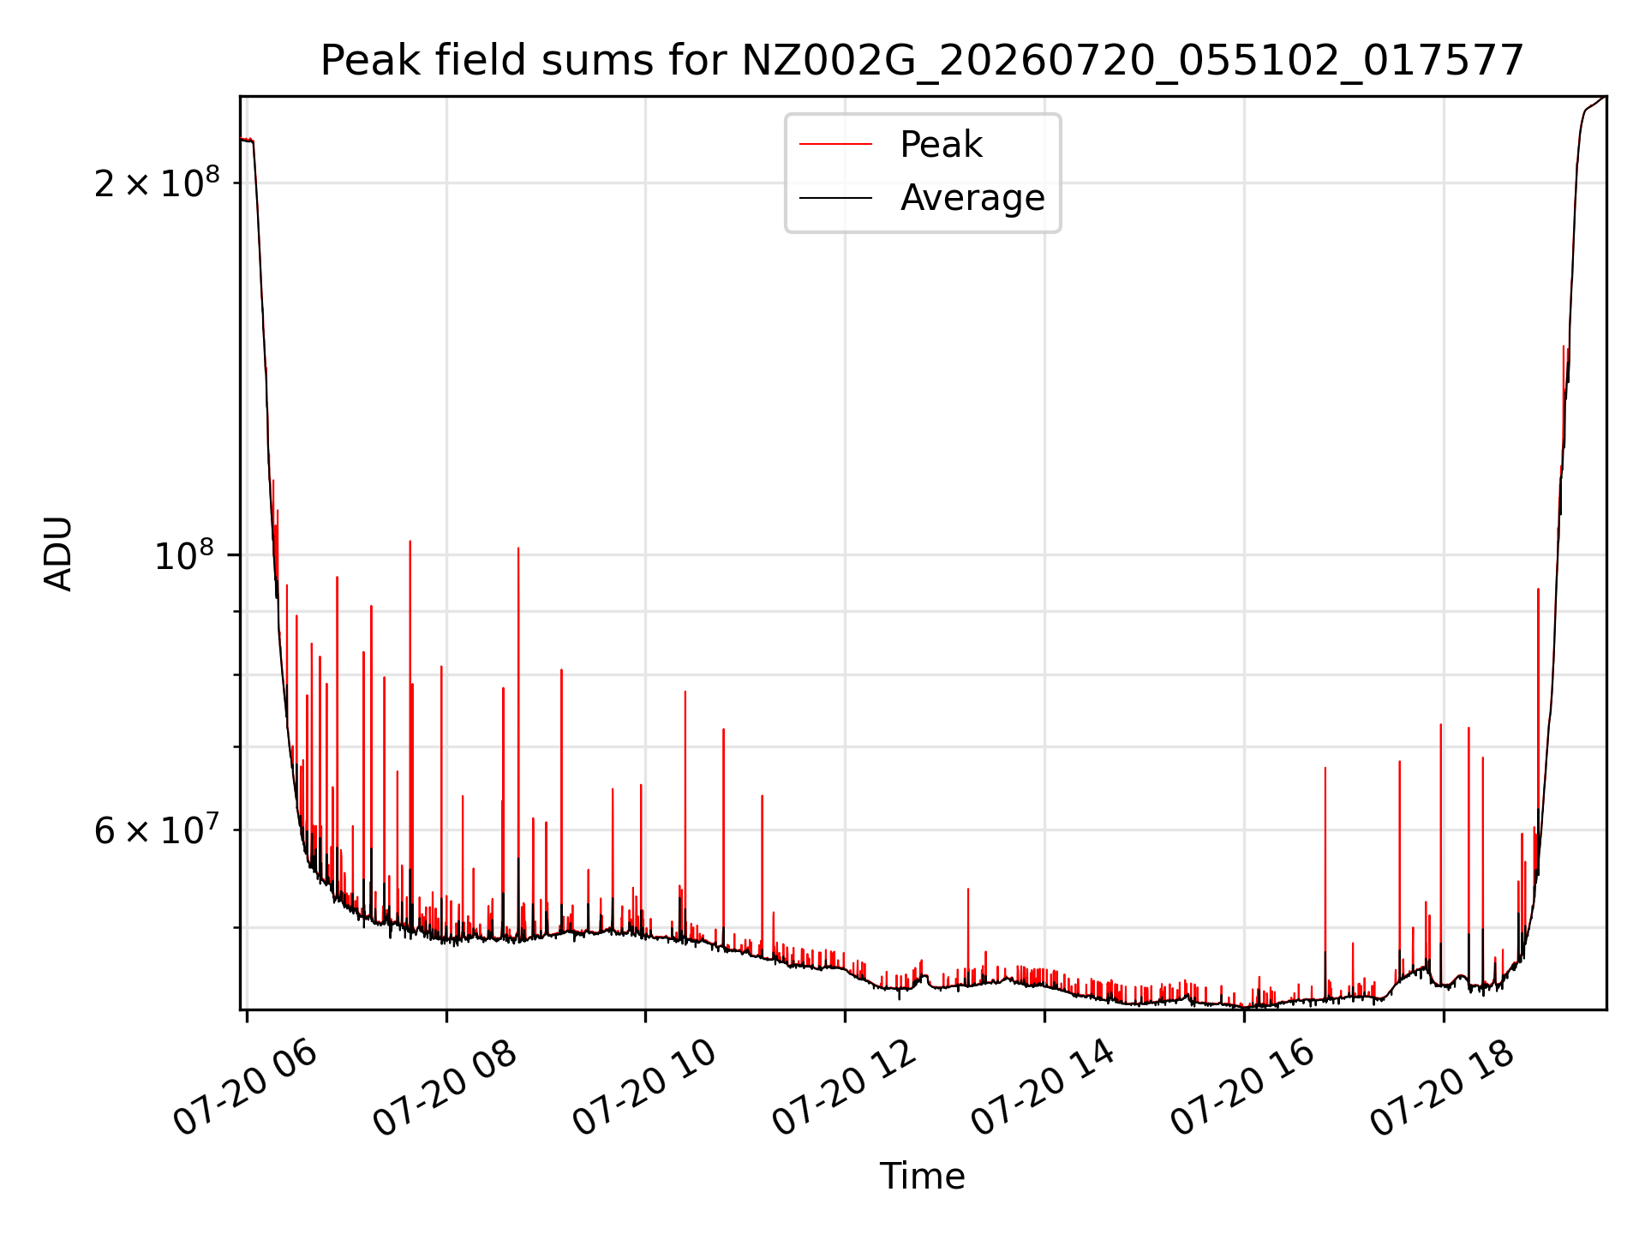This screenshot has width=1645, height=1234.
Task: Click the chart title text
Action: tap(922, 61)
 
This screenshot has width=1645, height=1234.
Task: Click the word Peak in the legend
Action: tap(941, 145)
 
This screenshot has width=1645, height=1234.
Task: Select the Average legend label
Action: tap(972, 198)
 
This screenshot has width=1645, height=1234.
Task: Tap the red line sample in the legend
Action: tap(836, 145)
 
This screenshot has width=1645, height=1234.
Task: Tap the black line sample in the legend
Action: tap(836, 198)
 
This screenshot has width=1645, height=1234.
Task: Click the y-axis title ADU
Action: tap(58, 554)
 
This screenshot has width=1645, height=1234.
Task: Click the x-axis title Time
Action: tap(923, 1177)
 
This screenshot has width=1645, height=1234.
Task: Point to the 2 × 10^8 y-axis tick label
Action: tap(157, 183)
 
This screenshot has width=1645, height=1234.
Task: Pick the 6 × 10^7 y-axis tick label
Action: tap(157, 830)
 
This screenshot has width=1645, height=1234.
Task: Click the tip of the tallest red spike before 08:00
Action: tap(410, 541)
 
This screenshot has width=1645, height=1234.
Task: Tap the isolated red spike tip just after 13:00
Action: tap(968, 889)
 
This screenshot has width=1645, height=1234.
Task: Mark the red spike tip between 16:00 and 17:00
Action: tap(1325, 768)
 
